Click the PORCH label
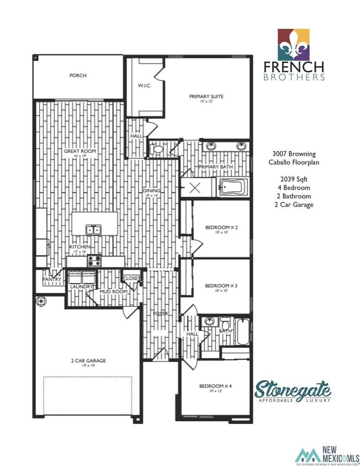pos(78,76)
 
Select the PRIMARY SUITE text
pos(206,97)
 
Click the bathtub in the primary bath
pos(233,187)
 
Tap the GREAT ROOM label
pos(80,151)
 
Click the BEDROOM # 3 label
pos(221,286)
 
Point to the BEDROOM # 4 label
pos(215,386)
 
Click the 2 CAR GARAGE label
pos(88,361)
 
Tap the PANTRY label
pos(52,280)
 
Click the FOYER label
pos(161,314)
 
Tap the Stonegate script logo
pos(294,389)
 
